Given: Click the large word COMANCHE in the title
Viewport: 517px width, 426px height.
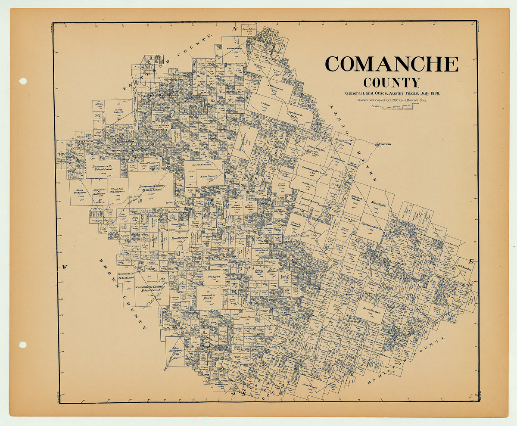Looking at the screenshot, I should pos(391,64).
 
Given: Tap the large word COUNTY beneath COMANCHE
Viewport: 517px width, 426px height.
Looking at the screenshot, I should pos(391,82).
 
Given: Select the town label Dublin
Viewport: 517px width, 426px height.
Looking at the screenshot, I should pos(385,144).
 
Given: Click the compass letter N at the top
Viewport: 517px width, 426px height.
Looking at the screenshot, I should pos(235,29).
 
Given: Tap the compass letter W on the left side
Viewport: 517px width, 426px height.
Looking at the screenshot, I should pos(64,267).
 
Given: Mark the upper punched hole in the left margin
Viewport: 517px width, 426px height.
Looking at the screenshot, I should pos(23,81).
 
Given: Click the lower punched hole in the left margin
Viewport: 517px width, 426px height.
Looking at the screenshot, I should pos(23,345).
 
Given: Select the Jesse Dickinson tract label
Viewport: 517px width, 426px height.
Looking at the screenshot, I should pos(79,192).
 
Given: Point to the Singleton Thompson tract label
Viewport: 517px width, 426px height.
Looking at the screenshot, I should pos(117,191).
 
